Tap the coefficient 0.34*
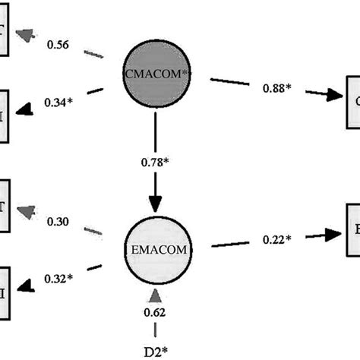click(60, 101)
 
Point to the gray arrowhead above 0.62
click(156, 294)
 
